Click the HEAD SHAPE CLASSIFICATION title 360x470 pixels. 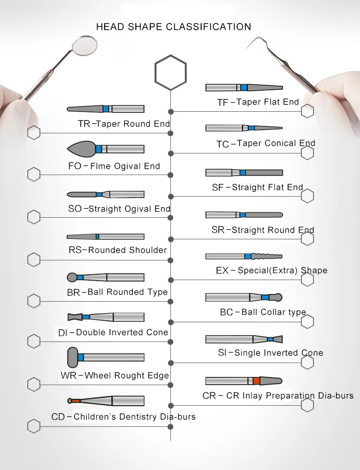click(173, 27)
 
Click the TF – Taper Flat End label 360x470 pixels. click(258, 102)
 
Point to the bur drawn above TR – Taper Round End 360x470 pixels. click(106, 109)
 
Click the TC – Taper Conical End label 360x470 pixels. click(265, 143)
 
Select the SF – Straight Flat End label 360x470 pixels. click(257, 188)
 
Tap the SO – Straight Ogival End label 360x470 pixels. click(119, 209)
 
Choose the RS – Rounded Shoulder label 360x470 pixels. click(118, 250)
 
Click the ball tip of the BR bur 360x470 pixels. click(72, 277)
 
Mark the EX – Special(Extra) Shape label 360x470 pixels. click(271, 270)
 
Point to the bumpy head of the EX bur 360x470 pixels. click(267, 257)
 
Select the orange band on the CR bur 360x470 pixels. click(256, 381)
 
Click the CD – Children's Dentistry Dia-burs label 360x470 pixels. click(123, 417)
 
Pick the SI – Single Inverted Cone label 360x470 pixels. click(270, 353)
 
